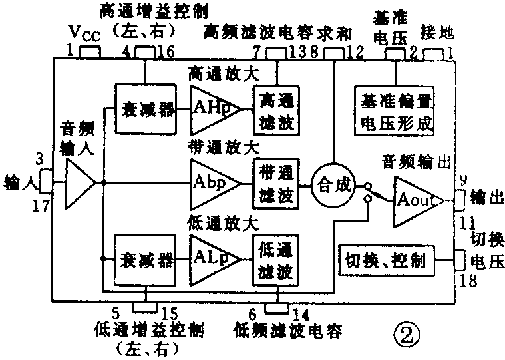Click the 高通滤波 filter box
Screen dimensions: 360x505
[x=275, y=108]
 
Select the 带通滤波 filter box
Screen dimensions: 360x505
[x=275, y=182]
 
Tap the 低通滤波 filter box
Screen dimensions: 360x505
[x=275, y=259]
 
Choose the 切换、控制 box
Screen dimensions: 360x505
[x=386, y=260]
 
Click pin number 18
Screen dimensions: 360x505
[x=470, y=281]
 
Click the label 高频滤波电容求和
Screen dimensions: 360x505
[x=278, y=31]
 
